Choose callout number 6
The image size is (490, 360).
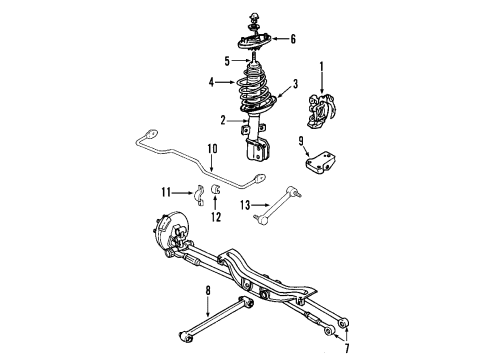point(293,39)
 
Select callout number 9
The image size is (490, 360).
point(302,141)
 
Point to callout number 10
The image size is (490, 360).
point(211,149)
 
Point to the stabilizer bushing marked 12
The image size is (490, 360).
point(218,193)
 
